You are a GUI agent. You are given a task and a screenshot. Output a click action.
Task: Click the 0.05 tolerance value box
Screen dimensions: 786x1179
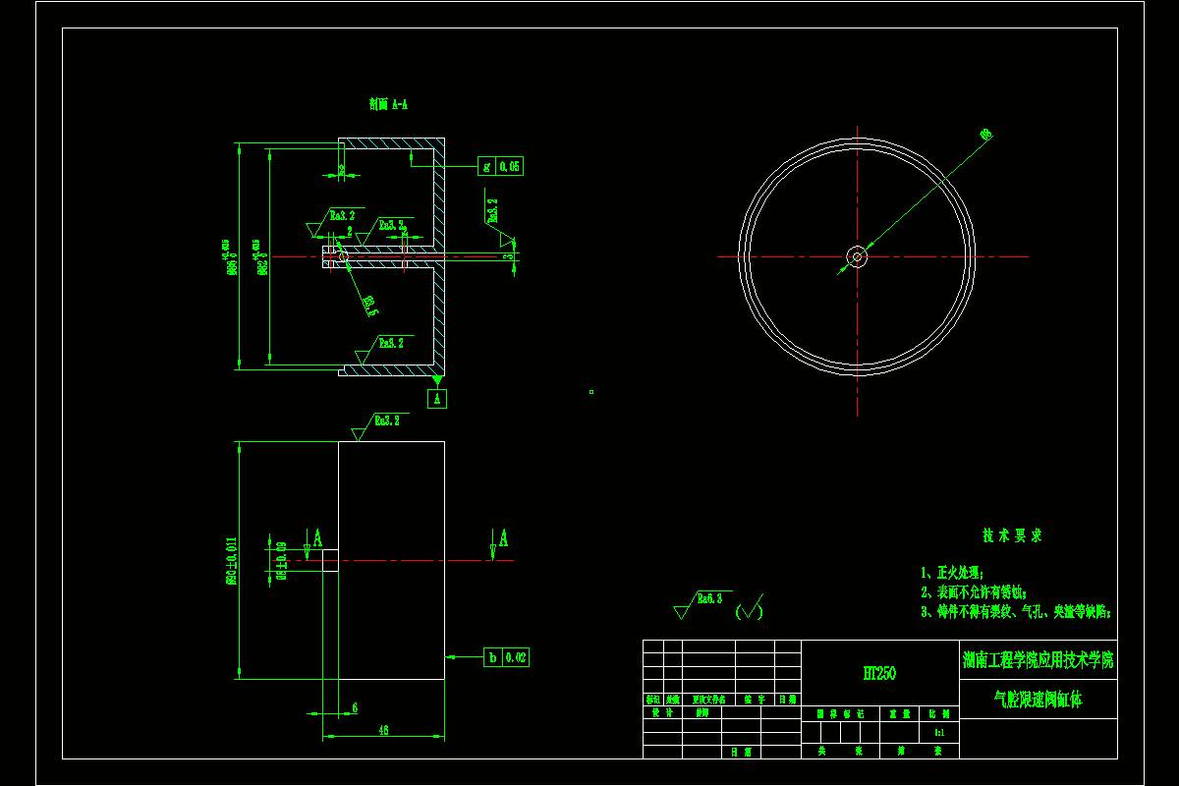tap(510, 166)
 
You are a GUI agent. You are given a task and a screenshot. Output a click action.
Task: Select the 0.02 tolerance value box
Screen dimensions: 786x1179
tap(516, 657)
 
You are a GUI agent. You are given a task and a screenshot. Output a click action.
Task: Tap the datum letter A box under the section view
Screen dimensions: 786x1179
tap(438, 398)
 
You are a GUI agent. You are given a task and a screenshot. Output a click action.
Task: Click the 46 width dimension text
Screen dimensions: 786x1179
tap(383, 730)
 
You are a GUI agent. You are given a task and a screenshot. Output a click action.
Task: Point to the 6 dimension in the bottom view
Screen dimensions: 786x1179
tap(354, 706)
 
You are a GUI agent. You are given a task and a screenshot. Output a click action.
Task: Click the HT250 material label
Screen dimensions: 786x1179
tap(878, 673)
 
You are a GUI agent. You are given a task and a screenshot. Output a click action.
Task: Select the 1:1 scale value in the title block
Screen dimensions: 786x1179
tap(939, 732)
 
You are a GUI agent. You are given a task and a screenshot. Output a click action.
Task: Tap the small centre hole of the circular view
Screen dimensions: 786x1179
tap(857, 257)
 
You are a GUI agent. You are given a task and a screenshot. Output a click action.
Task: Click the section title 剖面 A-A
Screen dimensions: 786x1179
tap(388, 103)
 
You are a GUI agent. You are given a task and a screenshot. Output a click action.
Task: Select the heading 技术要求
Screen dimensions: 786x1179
tap(1011, 535)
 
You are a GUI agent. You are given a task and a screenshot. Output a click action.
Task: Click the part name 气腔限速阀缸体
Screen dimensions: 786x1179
tap(1038, 700)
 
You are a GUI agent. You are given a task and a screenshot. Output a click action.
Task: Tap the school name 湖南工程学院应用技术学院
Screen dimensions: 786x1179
tap(1038, 660)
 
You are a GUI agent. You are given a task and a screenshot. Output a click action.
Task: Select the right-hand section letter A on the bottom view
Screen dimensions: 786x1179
tap(503, 537)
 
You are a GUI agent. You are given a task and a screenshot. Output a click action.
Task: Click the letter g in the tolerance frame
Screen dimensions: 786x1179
tap(486, 166)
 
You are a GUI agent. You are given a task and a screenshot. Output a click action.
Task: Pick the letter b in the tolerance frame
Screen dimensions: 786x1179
tap(492, 657)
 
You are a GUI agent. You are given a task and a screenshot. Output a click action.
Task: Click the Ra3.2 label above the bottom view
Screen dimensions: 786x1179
tap(386, 421)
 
